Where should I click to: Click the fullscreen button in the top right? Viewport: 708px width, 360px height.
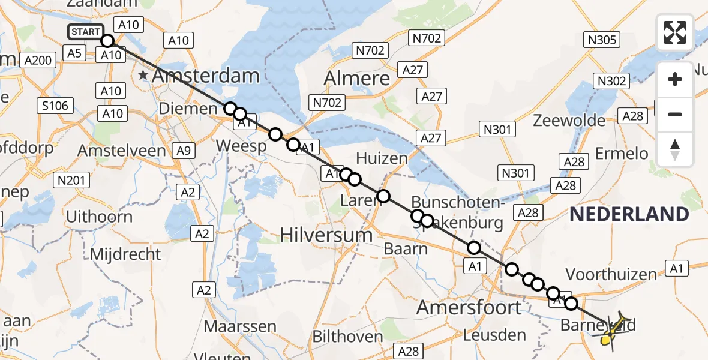(x=675, y=32)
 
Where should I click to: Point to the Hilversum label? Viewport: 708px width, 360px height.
(x=326, y=235)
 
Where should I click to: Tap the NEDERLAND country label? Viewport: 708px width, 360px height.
(x=629, y=214)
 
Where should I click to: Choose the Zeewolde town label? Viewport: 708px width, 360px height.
(x=569, y=121)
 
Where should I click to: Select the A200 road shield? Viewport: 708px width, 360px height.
(x=38, y=60)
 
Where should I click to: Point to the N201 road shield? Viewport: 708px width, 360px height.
(x=71, y=179)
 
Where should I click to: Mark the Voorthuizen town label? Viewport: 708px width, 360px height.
(x=611, y=275)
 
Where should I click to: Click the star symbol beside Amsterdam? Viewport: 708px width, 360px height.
(x=143, y=76)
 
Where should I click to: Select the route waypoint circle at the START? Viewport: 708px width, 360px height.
(x=107, y=41)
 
